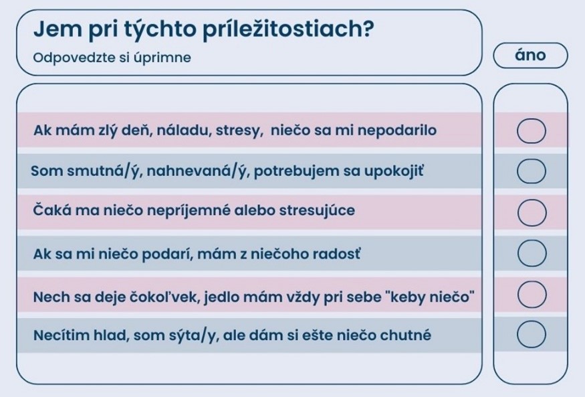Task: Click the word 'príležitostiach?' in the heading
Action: point(287,29)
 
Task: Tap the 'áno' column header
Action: point(530,56)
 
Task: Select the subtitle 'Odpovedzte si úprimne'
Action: point(112,58)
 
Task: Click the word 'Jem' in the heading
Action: point(57,29)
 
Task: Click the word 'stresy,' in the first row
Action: point(239,131)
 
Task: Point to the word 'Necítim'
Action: point(60,335)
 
